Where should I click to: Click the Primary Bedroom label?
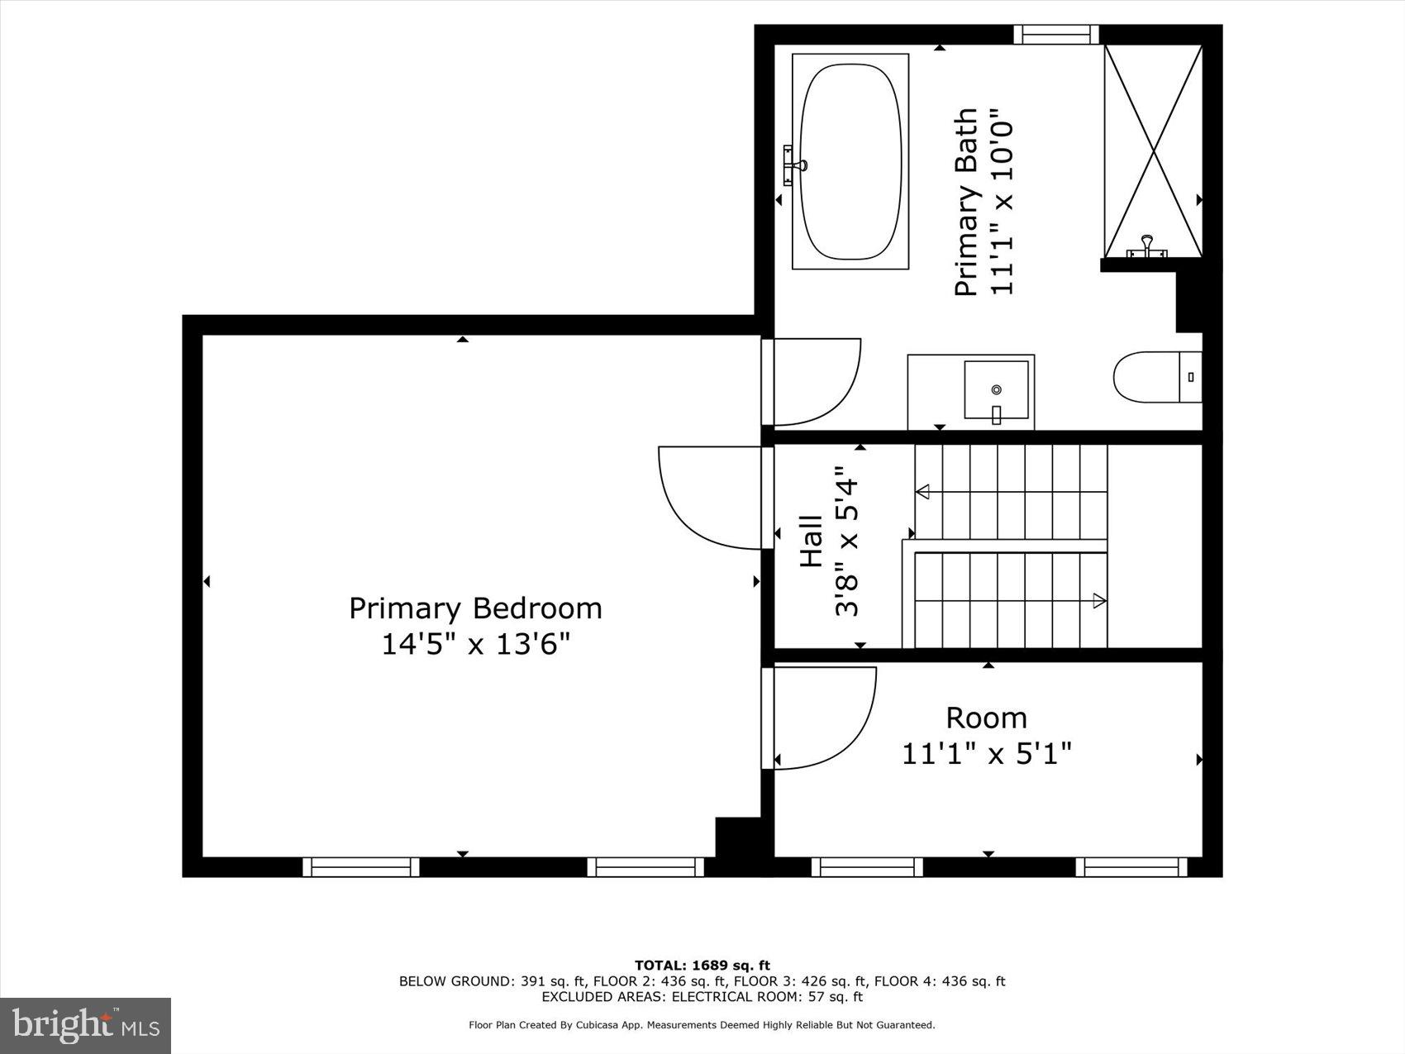(x=475, y=608)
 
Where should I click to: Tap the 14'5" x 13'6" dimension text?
(x=475, y=644)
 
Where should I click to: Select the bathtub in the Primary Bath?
(x=850, y=161)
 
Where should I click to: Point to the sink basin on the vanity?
(x=998, y=389)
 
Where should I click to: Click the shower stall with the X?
(x=1153, y=150)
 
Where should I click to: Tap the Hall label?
(x=812, y=541)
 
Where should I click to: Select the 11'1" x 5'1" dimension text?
(x=986, y=754)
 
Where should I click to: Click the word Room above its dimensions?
(x=986, y=718)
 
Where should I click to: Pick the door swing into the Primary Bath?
(x=814, y=382)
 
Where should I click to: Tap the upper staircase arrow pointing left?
(x=923, y=492)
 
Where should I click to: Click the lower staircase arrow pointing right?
(x=1098, y=601)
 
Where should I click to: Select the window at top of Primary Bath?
(x=1056, y=35)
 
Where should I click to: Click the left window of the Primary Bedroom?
(x=360, y=866)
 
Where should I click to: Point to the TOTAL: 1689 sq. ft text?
(x=702, y=965)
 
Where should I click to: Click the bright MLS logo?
(x=86, y=1026)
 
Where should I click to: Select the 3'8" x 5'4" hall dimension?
(x=847, y=548)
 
